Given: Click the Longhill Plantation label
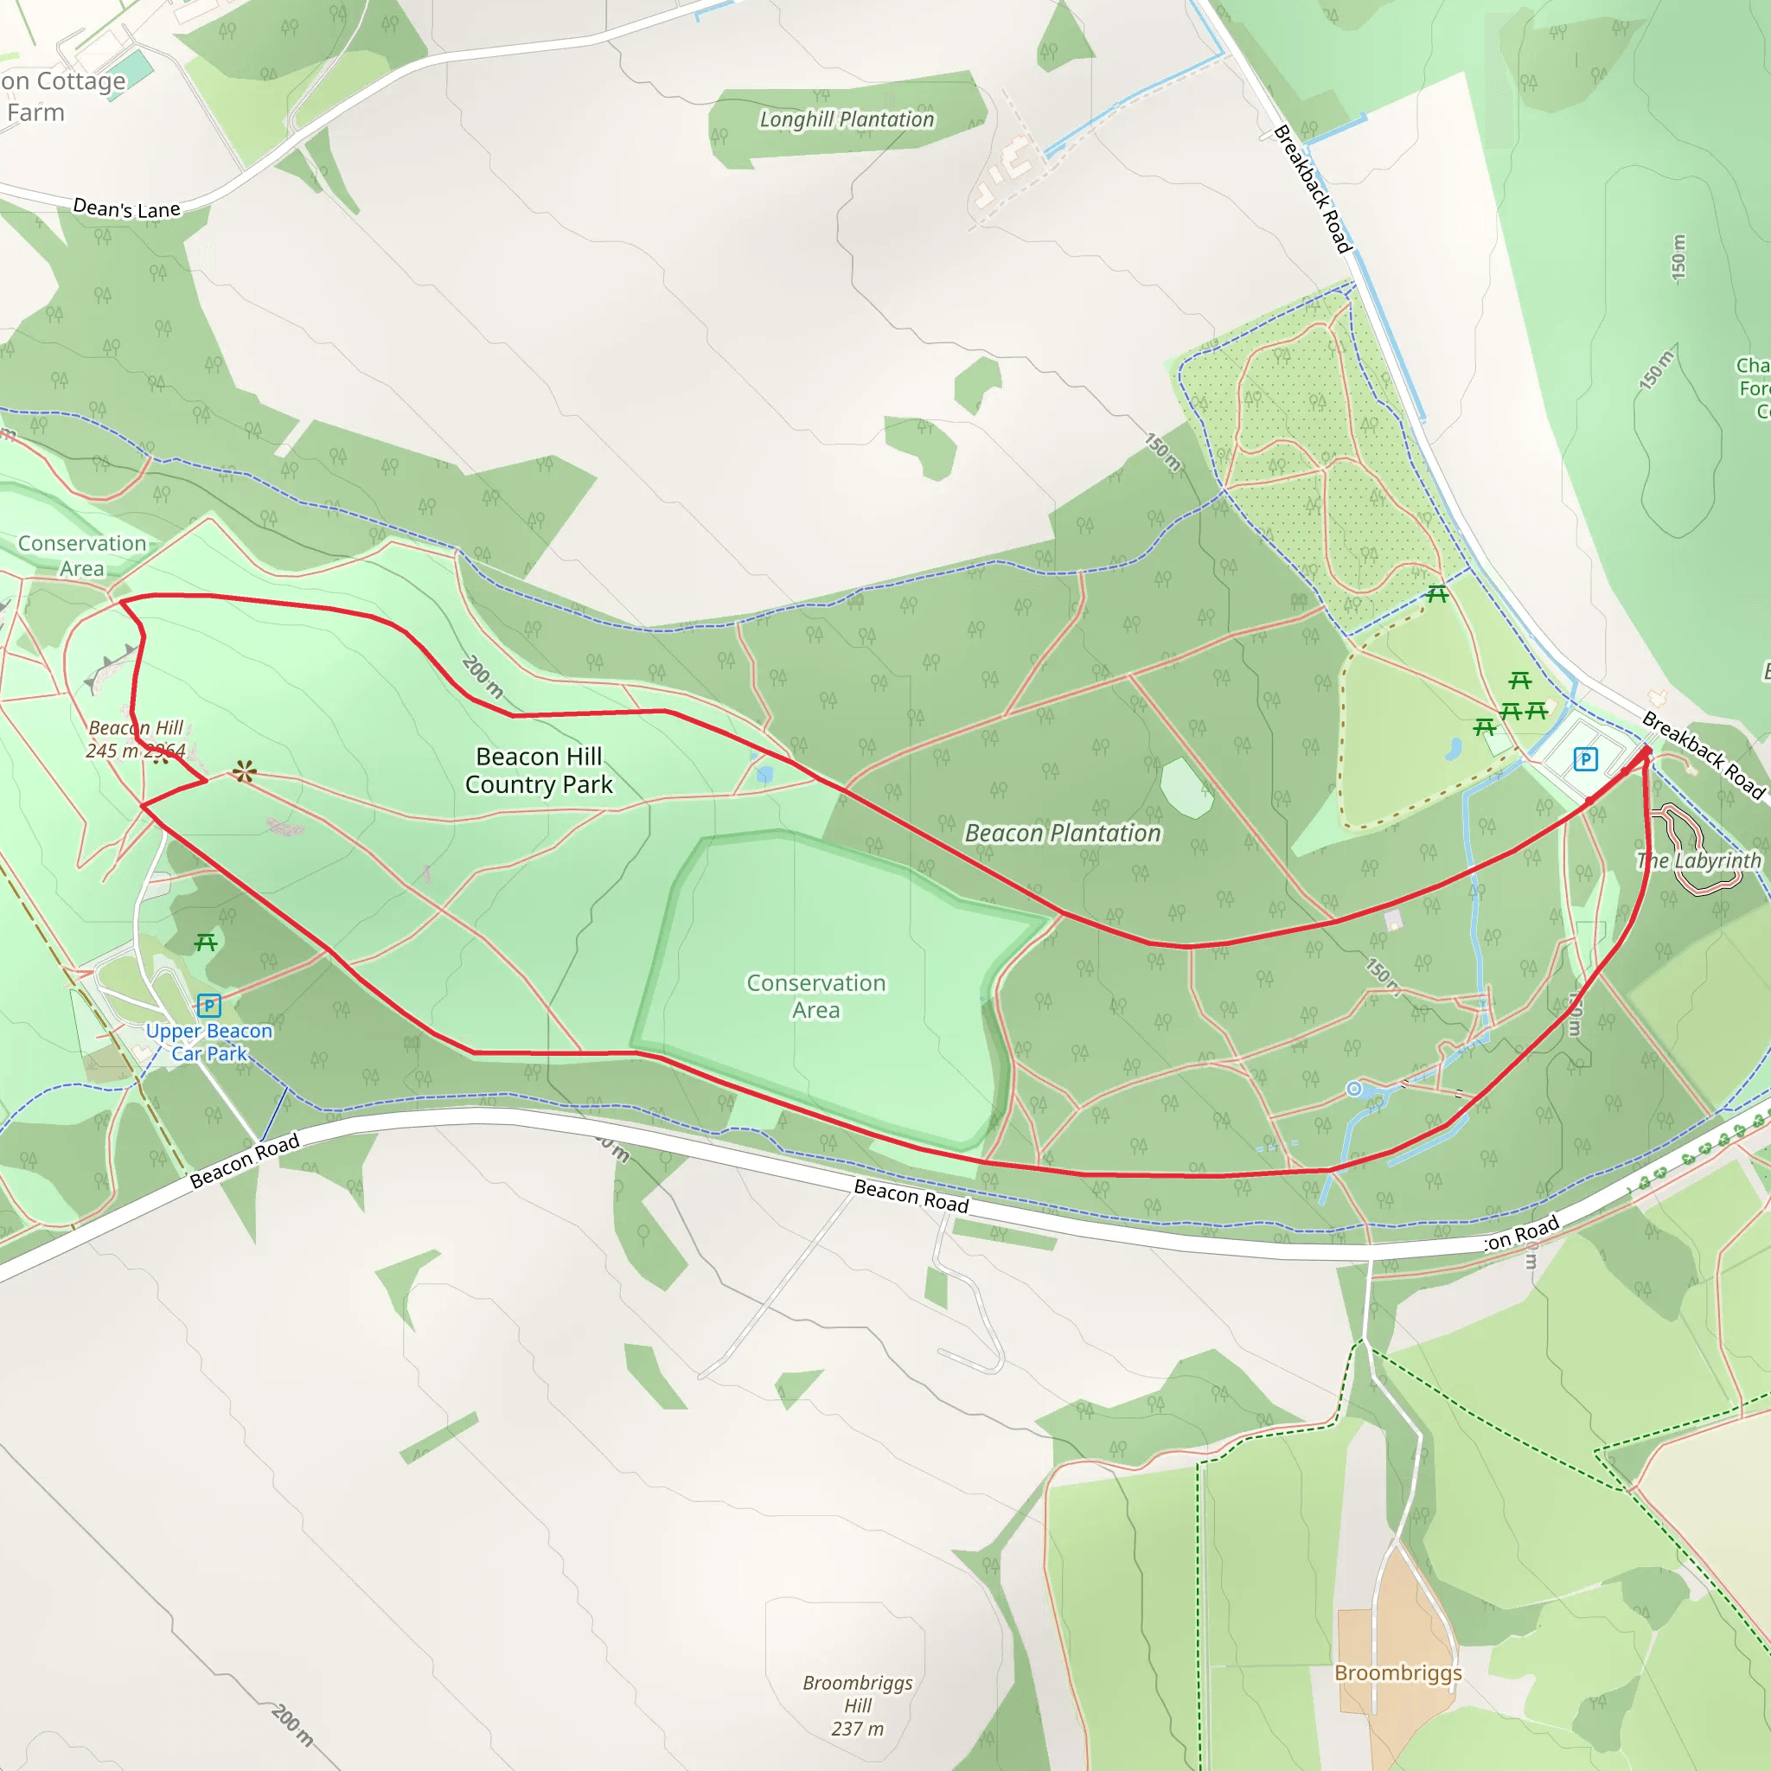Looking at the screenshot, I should [846, 120].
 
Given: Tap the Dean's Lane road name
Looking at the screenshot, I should [126, 209].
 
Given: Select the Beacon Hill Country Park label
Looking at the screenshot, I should [539, 770].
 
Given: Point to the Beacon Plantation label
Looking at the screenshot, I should [1063, 834].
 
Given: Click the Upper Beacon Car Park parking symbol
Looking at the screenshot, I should [209, 1006].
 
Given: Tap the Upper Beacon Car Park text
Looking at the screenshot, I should [209, 1042].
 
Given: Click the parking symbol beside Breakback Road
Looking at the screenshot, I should [1585, 759].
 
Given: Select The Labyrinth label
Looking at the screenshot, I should [1698, 860].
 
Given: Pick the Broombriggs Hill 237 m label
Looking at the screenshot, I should [857, 1706].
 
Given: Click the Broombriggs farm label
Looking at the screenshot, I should [1398, 1673].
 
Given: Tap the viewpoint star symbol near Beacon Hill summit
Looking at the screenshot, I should [244, 772].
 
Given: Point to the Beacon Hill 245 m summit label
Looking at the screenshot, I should [136, 738].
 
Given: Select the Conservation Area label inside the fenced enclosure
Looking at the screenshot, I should [815, 996].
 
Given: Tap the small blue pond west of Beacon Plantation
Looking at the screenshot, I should [764, 776].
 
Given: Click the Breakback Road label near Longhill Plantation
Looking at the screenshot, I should [1313, 189].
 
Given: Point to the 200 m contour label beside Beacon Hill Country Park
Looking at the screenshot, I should [483, 676].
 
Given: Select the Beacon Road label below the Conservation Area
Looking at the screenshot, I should [911, 1196].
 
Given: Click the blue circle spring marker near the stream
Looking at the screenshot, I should [1354, 1089].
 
